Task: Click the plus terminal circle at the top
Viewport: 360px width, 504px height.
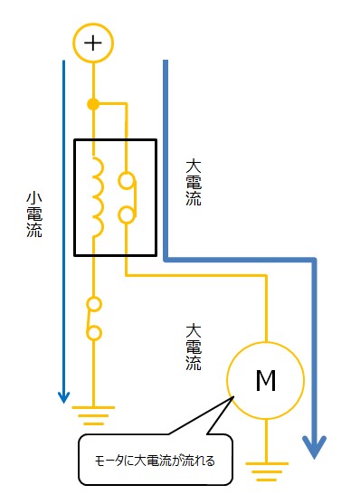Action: [x=92, y=43]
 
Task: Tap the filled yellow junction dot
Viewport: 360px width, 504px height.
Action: [x=92, y=104]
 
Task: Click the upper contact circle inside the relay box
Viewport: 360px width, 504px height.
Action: [x=128, y=180]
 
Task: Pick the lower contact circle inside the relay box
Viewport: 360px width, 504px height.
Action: [x=128, y=215]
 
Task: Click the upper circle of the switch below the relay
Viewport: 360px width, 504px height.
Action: [x=92, y=304]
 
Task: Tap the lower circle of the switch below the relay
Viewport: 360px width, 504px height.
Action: [x=92, y=333]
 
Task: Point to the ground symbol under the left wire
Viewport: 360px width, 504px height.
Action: [x=91, y=417]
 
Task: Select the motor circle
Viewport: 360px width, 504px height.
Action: [x=266, y=380]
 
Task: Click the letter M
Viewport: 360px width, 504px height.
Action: [x=266, y=381]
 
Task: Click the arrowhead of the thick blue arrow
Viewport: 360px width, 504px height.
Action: [x=314, y=446]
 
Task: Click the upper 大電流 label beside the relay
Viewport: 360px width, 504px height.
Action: [x=193, y=183]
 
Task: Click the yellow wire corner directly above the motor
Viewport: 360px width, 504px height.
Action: [x=266, y=276]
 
